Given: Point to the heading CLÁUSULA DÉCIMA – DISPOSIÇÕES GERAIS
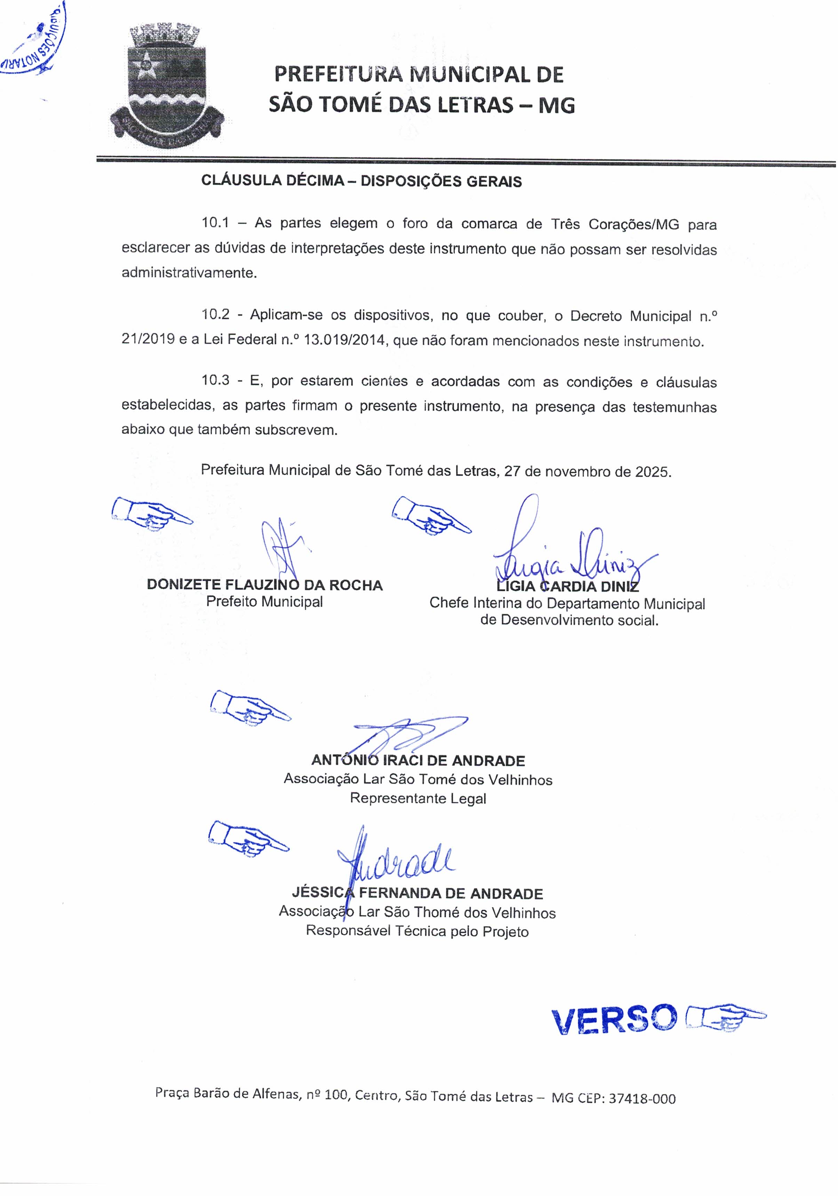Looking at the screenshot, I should click(x=361, y=181).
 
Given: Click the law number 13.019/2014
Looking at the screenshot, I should click(x=345, y=341).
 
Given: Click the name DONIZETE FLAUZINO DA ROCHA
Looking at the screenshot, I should click(x=265, y=585).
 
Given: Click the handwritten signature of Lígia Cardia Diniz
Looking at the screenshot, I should click(x=573, y=555).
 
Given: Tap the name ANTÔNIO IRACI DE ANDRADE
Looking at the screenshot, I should click(x=418, y=761).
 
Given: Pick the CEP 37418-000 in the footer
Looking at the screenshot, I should click(x=642, y=1099).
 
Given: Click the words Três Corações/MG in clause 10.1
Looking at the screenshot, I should click(x=615, y=224).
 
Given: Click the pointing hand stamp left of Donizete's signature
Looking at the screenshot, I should click(x=151, y=513).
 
